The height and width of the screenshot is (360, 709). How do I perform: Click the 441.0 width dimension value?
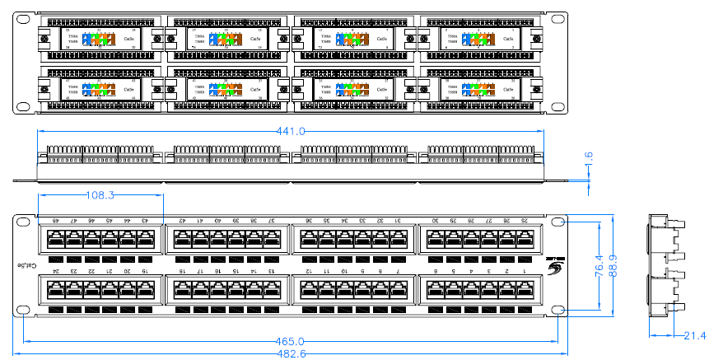coord(291,131)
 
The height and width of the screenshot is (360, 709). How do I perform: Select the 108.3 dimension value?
coord(100,195)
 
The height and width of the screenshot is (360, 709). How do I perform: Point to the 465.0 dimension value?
coord(290,341)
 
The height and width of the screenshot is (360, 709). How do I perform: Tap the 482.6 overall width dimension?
coord(290,353)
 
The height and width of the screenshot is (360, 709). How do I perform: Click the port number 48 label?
coord(56,221)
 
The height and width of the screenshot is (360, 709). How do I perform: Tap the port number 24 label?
coord(56,271)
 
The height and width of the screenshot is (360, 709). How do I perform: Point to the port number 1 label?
coord(525,271)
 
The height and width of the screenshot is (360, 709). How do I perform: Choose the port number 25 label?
coord(525,221)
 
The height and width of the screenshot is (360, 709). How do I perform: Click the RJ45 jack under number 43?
coord(146,239)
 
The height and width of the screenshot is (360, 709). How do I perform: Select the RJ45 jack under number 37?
coord(273,239)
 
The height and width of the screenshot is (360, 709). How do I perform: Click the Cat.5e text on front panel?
coord(27,265)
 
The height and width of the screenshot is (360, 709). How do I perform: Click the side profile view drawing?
coord(665,265)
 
